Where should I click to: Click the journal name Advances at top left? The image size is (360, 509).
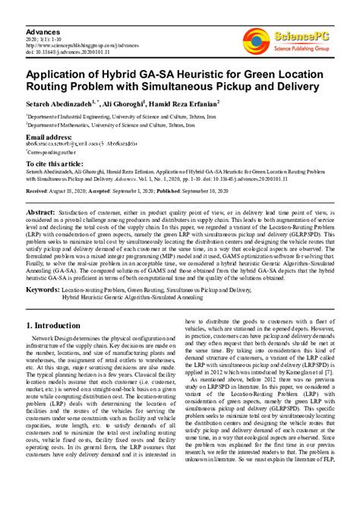pos(44,33)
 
